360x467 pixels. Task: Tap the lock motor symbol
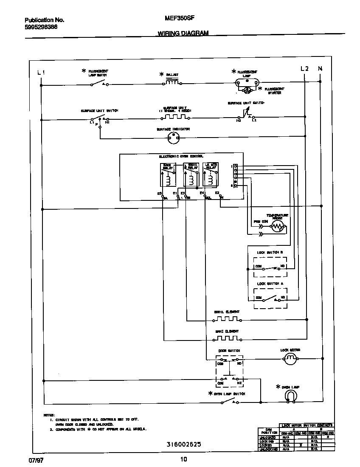(x=290, y=359)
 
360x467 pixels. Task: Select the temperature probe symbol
(x=278, y=227)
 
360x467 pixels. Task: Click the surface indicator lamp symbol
(x=173, y=137)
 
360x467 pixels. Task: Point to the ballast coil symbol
(x=172, y=83)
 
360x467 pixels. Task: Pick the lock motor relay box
(x=211, y=175)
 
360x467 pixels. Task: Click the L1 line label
(x=41, y=72)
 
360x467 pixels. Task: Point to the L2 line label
(x=304, y=69)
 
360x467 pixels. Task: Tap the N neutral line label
(x=320, y=69)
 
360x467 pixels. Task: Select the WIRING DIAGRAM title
(x=183, y=33)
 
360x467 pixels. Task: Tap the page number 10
(x=183, y=459)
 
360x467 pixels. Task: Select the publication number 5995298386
(x=41, y=27)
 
